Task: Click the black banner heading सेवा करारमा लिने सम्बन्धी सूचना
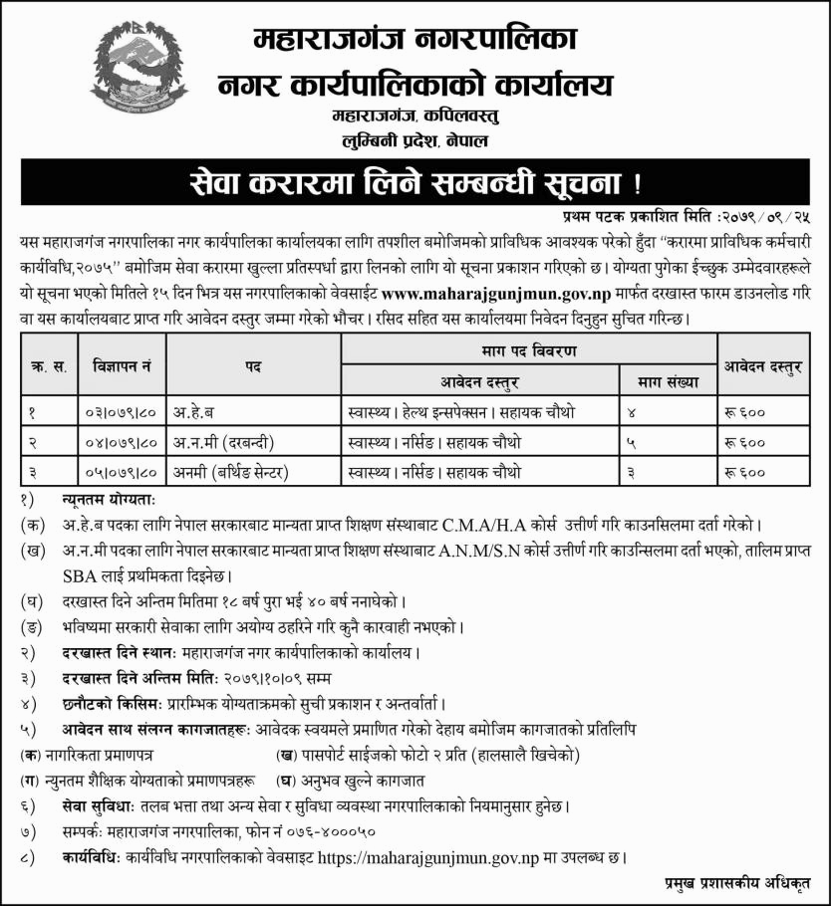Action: (x=415, y=184)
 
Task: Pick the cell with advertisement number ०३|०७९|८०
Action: (x=121, y=410)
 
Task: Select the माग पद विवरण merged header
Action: (x=529, y=351)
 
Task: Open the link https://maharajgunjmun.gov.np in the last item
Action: (x=438, y=856)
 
